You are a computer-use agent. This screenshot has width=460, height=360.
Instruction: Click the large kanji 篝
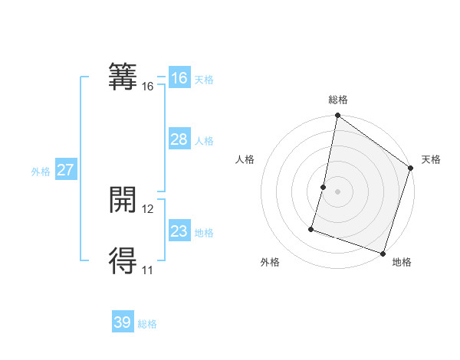(x=123, y=77)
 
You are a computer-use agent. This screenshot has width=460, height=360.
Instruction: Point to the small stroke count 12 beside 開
(x=148, y=209)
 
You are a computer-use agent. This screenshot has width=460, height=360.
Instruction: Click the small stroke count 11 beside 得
(x=148, y=270)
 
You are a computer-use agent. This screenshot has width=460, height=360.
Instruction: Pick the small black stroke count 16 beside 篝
(x=148, y=87)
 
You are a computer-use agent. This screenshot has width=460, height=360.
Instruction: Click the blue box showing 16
(x=179, y=78)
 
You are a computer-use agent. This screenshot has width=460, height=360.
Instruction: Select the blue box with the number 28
(x=179, y=139)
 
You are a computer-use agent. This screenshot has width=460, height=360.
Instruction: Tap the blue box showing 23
(x=179, y=231)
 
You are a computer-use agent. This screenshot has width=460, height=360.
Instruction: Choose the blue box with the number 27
(x=65, y=170)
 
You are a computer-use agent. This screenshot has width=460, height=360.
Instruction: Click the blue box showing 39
(x=123, y=322)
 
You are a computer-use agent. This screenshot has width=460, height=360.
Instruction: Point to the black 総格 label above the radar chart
(x=338, y=100)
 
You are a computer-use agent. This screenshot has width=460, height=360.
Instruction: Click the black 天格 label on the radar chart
(x=431, y=159)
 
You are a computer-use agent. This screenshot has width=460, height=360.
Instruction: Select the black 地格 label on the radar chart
(x=402, y=262)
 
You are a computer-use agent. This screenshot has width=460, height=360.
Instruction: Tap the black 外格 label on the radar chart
(x=270, y=262)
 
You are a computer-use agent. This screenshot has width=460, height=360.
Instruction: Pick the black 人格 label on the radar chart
(x=245, y=159)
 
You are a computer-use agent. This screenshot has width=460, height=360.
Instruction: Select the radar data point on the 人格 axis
(x=324, y=187)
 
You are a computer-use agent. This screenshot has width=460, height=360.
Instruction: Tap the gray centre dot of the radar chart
(x=338, y=191)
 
